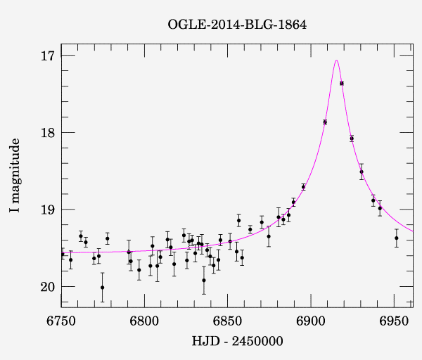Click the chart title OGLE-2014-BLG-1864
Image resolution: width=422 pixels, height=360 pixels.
pyautogui.click(x=237, y=25)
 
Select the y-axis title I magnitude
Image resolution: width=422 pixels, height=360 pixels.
pyautogui.click(x=15, y=176)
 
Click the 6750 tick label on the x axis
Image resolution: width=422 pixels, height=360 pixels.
pyautogui.click(x=61, y=321)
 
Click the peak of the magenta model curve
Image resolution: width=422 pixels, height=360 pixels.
pyautogui.click(x=337, y=60)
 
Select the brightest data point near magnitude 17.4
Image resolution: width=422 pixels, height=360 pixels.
pyautogui.click(x=342, y=83)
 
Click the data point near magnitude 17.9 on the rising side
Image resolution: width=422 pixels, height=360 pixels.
pyautogui.click(x=325, y=122)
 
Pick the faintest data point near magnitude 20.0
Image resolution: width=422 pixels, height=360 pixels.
pyautogui.click(x=102, y=287)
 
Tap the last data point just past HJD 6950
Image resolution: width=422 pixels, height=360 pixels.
pyautogui.click(x=397, y=238)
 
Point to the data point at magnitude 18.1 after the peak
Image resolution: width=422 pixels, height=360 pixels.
pyautogui.click(x=352, y=139)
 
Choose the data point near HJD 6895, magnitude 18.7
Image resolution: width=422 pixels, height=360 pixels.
pyautogui.click(x=303, y=186)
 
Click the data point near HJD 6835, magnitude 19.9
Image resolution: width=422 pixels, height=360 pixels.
pyautogui.click(x=204, y=280)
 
